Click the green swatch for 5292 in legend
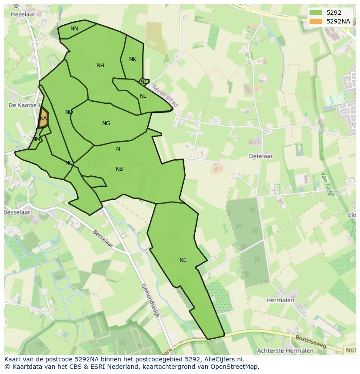[316, 13]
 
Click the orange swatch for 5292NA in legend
[316, 21]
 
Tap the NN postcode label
[74, 29]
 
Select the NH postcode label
[100, 66]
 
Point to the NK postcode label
[133, 60]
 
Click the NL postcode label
[143, 96]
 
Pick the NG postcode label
[106, 123]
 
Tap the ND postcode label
[69, 112]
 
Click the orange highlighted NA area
[43, 119]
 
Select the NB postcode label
[119, 169]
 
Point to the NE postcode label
[183, 260]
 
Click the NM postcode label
[36, 139]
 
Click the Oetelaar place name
[260, 156]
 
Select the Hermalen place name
[280, 300]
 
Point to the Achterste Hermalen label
[285, 351]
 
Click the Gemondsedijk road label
[150, 300]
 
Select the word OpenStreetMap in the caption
[234, 366]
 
